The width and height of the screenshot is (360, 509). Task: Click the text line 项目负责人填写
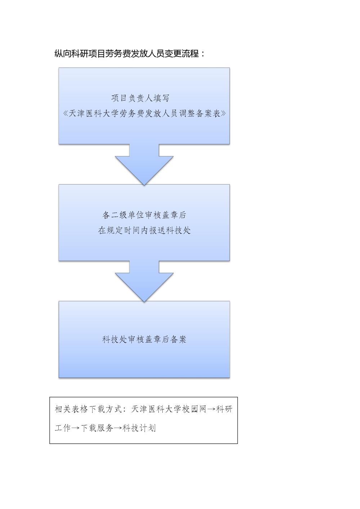[140, 98]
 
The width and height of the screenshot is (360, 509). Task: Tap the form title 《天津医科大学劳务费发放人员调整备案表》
[144, 113]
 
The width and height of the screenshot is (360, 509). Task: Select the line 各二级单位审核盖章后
[144, 215]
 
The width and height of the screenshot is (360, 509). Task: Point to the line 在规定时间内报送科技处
[144, 230]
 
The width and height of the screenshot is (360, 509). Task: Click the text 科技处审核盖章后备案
[144, 339]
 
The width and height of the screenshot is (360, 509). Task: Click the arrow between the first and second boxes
[144, 165]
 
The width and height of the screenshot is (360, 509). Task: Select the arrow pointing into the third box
[144, 281]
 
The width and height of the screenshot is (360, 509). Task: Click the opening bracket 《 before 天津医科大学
[66, 113]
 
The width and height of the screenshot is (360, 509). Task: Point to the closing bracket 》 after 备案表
[224, 113]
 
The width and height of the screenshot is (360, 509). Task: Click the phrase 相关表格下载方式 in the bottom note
[89, 409]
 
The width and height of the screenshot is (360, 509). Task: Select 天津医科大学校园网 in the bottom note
[168, 409]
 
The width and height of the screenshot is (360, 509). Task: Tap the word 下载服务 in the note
[97, 428]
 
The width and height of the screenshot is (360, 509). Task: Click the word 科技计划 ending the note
[139, 428]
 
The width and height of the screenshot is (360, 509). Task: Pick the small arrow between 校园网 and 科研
[211, 410]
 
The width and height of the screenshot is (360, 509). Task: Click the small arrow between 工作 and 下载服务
[76, 428]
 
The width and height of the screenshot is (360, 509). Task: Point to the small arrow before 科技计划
[118, 428]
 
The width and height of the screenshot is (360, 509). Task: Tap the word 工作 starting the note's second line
[63, 428]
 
